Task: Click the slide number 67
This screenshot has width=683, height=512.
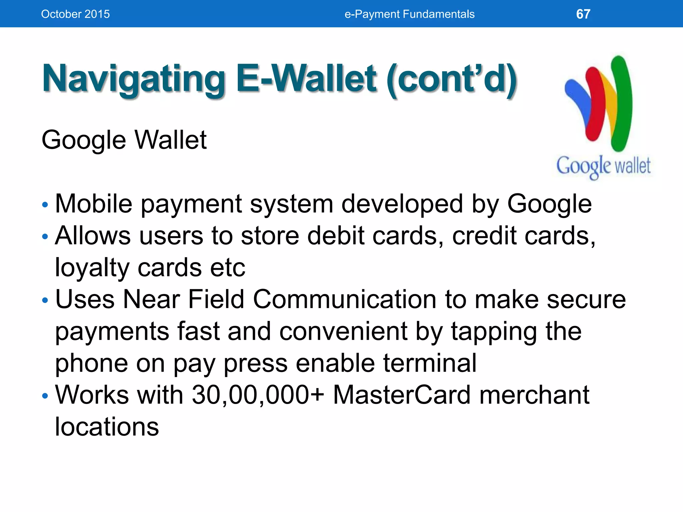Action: [x=583, y=14]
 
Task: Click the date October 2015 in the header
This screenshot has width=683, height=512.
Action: [x=75, y=14]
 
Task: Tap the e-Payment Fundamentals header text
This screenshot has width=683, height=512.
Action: [x=409, y=14]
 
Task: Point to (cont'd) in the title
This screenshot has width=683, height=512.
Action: [x=452, y=79]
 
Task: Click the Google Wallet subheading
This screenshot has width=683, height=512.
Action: [x=124, y=140]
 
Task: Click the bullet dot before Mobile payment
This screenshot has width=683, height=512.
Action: [x=45, y=204]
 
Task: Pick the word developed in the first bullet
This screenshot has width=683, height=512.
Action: [x=402, y=204]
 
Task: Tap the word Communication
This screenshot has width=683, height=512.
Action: [x=345, y=299]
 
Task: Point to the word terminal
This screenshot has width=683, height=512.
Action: [x=430, y=363]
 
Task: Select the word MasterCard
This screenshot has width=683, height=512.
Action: [x=402, y=395]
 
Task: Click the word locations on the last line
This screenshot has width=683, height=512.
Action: [x=107, y=427]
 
